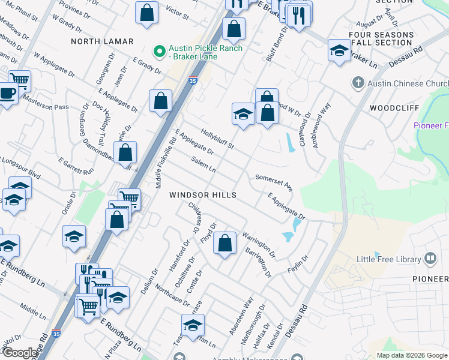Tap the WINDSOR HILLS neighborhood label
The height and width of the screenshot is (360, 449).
[203, 196]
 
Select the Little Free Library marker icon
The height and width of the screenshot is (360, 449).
[430, 259]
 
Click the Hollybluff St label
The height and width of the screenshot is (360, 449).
[217, 139]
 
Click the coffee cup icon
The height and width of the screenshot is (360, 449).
[8, 94]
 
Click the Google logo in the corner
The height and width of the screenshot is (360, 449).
[20, 353]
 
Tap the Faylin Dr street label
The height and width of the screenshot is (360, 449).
[298, 265]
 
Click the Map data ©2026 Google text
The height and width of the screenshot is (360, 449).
[411, 355]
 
